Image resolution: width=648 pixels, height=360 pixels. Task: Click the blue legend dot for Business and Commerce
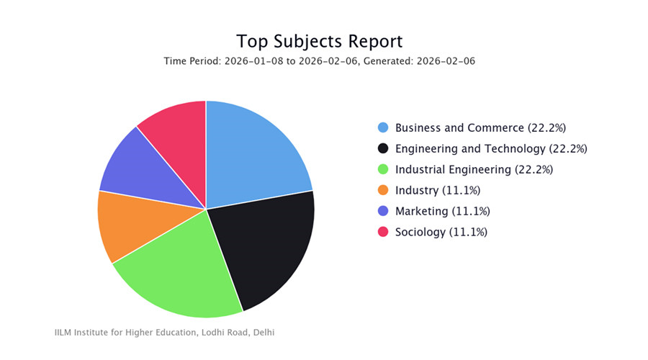click(x=383, y=127)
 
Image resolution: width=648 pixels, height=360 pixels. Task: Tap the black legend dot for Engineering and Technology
click(x=383, y=148)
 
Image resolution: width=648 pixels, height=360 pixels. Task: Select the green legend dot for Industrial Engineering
click(x=383, y=169)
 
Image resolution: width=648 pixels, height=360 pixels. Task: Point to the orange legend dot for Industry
click(x=383, y=190)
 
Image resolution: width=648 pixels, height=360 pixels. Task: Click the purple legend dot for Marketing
click(x=383, y=211)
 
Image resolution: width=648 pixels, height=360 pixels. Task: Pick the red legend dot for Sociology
click(x=383, y=232)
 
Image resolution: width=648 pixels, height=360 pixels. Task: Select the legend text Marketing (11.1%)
click(x=443, y=211)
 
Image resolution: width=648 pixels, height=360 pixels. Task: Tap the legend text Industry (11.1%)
click(x=438, y=190)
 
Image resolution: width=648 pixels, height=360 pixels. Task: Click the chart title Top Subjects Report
click(x=320, y=40)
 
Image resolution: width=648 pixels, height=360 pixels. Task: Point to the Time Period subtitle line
click(x=320, y=61)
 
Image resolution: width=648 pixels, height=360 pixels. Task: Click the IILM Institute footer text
click(x=164, y=333)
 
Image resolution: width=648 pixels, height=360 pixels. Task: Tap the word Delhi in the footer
click(x=263, y=333)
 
